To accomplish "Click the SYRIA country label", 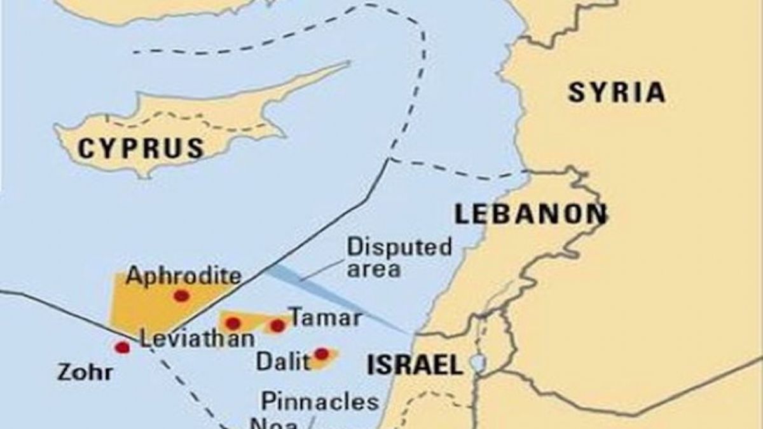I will (616, 93).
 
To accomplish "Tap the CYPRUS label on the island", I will (141, 148).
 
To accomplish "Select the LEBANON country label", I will (530, 214).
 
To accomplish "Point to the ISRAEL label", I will (414, 365).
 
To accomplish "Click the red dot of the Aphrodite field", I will (181, 296).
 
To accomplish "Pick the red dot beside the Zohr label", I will (122, 347).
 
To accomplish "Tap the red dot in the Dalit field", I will (322, 353).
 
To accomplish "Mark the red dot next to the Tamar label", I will (277, 326).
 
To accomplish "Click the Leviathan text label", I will (196, 339).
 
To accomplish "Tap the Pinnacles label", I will (320, 402).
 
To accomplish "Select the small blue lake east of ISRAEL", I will (476, 363).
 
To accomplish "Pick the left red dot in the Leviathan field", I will (233, 323).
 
